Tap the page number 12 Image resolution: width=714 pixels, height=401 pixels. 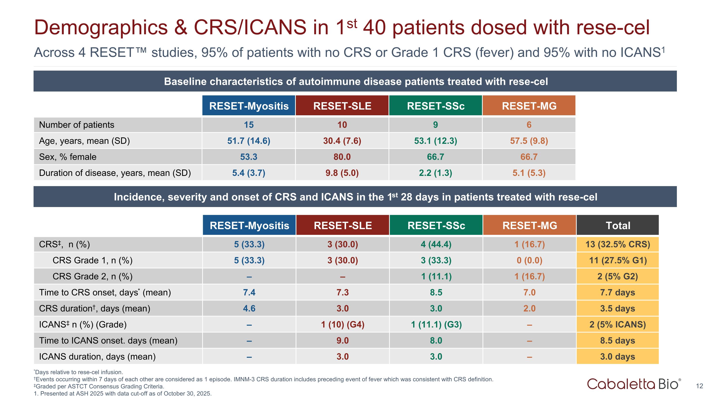click(x=699, y=386)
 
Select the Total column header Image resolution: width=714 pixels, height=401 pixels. click(x=618, y=225)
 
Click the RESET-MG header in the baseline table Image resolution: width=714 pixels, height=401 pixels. click(x=529, y=106)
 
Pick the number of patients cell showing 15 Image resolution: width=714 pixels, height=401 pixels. click(x=249, y=125)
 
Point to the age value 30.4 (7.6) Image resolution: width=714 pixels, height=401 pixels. click(x=342, y=141)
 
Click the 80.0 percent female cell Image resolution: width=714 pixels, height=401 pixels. click(x=342, y=157)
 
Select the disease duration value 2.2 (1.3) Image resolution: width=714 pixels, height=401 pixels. click(x=436, y=173)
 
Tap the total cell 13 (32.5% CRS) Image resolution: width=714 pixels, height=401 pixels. click(x=618, y=244)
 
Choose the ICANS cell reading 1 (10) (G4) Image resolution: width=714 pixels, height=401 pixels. click(x=342, y=324)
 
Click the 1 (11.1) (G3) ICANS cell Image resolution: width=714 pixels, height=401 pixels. click(x=436, y=324)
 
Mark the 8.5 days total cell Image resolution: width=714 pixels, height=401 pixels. click(x=618, y=340)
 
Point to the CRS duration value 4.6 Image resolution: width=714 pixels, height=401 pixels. click(x=249, y=308)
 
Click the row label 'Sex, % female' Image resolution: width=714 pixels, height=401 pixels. click(x=68, y=157)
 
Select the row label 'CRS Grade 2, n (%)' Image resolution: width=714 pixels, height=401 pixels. click(x=92, y=276)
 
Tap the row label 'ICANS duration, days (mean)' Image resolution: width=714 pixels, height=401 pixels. click(x=97, y=357)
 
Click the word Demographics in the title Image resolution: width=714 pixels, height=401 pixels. click(x=101, y=28)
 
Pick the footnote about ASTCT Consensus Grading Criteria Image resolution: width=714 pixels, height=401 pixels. click(x=99, y=386)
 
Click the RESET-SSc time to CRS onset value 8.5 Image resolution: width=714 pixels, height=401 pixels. click(x=436, y=292)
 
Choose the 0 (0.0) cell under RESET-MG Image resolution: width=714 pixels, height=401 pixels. click(x=529, y=261)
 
